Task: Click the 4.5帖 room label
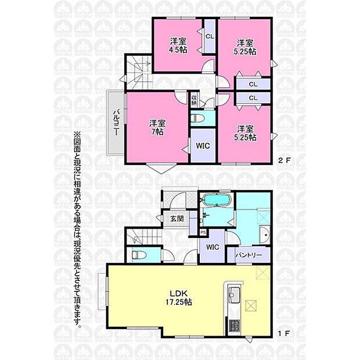(x=178, y=45)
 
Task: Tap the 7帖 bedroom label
(x=156, y=128)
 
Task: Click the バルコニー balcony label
(x=116, y=122)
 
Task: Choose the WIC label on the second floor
(x=203, y=146)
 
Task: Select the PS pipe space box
(x=203, y=232)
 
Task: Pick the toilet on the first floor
(x=139, y=254)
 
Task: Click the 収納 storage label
(x=194, y=99)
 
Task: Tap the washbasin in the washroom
(x=265, y=236)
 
